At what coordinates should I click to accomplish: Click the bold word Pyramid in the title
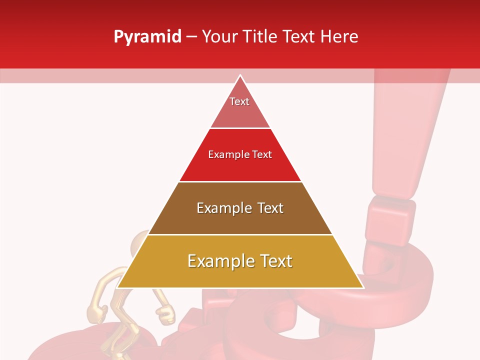click(x=147, y=37)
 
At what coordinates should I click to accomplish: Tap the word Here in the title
click(x=339, y=37)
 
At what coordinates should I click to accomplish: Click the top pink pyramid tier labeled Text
click(x=240, y=107)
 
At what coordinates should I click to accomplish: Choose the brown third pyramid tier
click(x=240, y=220)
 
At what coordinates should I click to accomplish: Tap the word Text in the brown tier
click(x=270, y=208)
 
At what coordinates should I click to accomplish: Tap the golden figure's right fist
click(x=166, y=314)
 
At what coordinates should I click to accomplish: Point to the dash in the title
click(x=191, y=37)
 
